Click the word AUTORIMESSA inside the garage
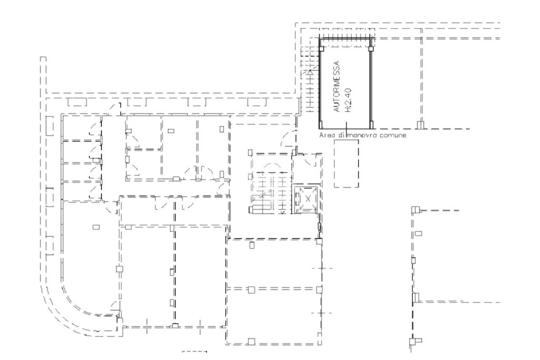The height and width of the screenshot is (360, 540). pyautogui.click(x=337, y=86)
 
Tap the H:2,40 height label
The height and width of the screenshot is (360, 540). pyautogui.click(x=348, y=100)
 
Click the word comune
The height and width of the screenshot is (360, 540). pyautogui.click(x=393, y=135)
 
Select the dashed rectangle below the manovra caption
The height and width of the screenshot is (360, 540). pyautogui.click(x=346, y=163)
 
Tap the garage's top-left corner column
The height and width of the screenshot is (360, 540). pyautogui.click(x=321, y=48)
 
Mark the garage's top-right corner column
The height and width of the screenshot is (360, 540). pyautogui.click(x=371, y=48)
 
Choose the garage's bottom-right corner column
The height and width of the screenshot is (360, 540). pyautogui.click(x=371, y=124)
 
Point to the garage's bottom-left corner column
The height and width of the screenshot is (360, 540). pyautogui.click(x=321, y=124)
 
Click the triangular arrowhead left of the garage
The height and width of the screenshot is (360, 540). pyautogui.click(x=310, y=72)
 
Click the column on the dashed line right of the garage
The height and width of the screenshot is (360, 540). pyautogui.click(x=420, y=125)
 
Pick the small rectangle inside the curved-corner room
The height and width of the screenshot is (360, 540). pyautogui.click(x=96, y=227)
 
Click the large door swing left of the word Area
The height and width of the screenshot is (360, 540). pyautogui.click(x=288, y=139)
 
